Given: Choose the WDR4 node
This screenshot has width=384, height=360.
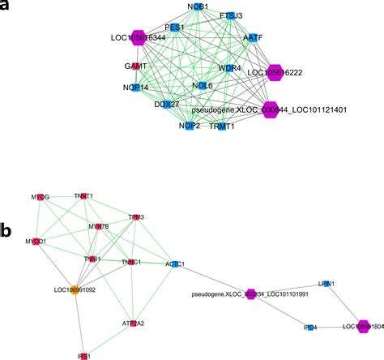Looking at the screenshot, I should point(229,68).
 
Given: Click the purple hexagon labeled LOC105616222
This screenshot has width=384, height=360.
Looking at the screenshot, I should point(276,72).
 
